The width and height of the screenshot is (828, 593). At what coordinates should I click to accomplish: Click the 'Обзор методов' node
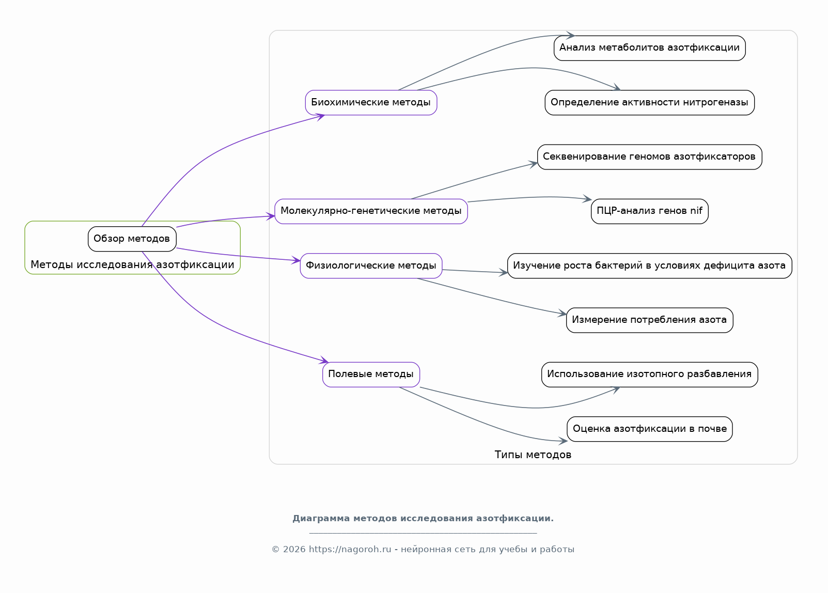coord(132,239)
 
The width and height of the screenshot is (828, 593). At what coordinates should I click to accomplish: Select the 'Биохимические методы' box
coord(371,102)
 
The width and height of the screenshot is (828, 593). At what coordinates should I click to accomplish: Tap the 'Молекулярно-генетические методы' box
coord(371,211)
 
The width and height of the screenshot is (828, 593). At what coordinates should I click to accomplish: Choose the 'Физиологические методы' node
coord(371,266)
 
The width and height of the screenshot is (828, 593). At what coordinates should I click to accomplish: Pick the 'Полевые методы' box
coord(371,374)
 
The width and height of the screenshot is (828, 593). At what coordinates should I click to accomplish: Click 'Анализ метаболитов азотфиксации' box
coord(649,48)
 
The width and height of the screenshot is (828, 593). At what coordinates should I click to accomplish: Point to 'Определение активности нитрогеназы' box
coord(649,102)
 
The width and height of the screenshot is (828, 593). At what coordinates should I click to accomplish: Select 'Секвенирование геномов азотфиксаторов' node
coord(649,157)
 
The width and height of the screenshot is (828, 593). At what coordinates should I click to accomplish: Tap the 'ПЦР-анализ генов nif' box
coord(649,211)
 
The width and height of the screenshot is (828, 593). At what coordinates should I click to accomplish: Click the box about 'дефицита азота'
coord(649,266)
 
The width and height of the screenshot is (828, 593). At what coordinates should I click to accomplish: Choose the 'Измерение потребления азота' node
coord(649,320)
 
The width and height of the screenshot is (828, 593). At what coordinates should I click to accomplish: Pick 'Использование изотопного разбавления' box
coord(649,374)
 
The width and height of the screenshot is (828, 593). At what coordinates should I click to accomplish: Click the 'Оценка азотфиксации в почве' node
coord(649,429)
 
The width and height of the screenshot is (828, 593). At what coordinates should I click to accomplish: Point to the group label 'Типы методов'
coord(533,455)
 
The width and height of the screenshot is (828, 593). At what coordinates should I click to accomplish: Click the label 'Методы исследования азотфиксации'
coord(132,264)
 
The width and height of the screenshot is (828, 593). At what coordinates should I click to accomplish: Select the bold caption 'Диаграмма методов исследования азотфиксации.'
coord(423,518)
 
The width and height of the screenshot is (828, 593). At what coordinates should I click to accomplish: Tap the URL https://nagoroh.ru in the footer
coord(350,550)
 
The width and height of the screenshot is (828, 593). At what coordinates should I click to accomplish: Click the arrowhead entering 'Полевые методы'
coord(324,360)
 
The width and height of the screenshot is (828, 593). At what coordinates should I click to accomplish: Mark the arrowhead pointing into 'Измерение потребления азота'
coord(562,313)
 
